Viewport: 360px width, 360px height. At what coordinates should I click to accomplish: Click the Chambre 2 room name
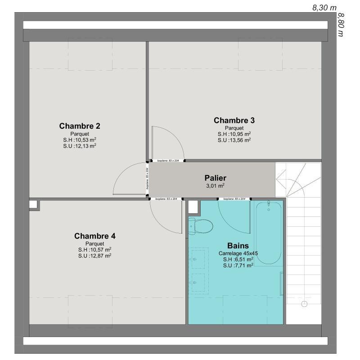[x=80, y=126]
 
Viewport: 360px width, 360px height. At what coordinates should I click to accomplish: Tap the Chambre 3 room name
[x=234, y=120]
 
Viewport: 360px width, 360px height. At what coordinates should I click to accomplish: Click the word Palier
[x=215, y=178]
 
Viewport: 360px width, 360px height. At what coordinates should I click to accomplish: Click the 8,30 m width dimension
[x=324, y=7]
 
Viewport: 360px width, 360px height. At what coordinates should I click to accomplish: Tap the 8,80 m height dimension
[x=341, y=25]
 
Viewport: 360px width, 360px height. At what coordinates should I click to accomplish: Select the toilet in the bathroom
[x=200, y=225]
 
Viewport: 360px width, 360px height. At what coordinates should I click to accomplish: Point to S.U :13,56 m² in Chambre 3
[x=234, y=139]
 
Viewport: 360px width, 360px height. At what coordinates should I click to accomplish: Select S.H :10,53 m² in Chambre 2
[x=80, y=139]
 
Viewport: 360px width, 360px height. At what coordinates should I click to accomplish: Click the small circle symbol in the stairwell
[x=304, y=304]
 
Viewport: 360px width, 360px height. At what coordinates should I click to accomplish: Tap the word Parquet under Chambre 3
[x=234, y=128]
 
